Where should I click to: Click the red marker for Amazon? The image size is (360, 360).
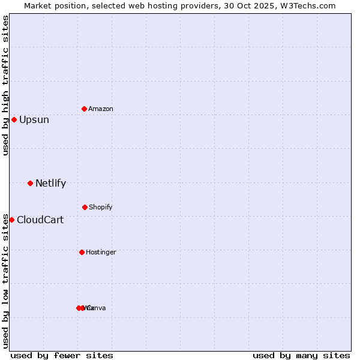(x=84, y=109)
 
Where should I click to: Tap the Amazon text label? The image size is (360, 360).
(x=101, y=109)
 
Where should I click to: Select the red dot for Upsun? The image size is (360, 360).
(x=14, y=119)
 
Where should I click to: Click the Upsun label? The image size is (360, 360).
(x=34, y=119)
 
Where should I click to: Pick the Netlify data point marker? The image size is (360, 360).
(x=30, y=183)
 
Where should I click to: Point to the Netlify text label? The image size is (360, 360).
(x=50, y=183)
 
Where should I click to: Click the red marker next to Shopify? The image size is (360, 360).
(x=85, y=207)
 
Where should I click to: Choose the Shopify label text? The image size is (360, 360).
(x=101, y=207)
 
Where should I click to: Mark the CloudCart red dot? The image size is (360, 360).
(x=11, y=220)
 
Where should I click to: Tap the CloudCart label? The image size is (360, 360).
(x=40, y=220)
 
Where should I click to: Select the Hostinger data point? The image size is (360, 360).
(x=82, y=252)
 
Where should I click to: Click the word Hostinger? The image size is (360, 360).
(x=101, y=252)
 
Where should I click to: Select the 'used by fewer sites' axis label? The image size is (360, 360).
(x=62, y=355)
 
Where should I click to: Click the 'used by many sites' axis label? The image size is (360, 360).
(x=301, y=355)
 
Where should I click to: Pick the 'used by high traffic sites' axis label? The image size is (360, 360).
(x=5, y=85)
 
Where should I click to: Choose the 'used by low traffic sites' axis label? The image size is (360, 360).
(x=5, y=280)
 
